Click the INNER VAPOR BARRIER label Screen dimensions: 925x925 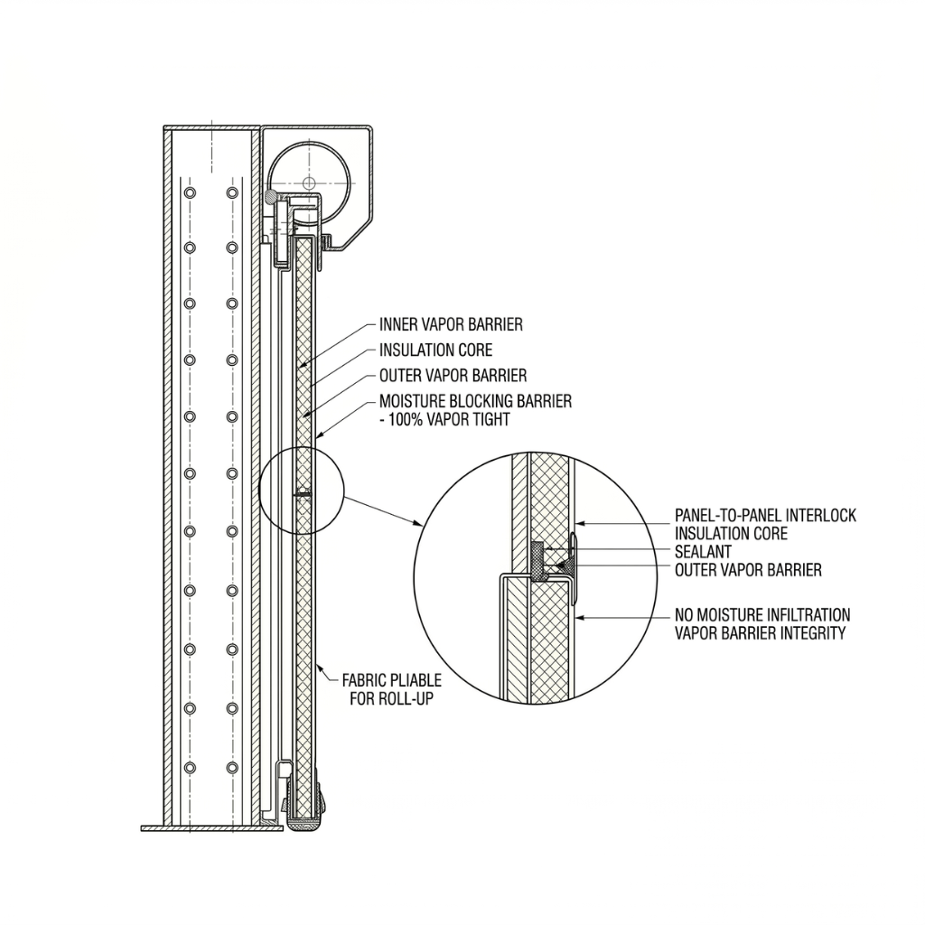tap(451, 324)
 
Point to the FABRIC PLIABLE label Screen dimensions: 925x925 tap(391, 679)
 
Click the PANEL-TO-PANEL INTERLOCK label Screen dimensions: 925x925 tap(765, 516)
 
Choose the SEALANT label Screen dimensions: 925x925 tap(703, 552)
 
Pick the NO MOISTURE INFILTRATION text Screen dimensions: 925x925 tap(762, 615)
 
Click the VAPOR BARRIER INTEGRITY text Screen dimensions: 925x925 tap(760, 633)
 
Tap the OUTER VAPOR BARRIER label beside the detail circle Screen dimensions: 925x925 tap(748, 570)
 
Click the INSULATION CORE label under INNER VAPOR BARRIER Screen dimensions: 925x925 tap(435, 350)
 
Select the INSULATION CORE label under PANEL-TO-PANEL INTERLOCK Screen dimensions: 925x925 tap(731, 534)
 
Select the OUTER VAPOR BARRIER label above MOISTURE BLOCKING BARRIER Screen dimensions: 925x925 tap(453, 375)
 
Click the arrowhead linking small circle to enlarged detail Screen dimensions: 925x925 tap(420, 525)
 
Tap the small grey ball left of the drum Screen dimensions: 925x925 tap(271, 196)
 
